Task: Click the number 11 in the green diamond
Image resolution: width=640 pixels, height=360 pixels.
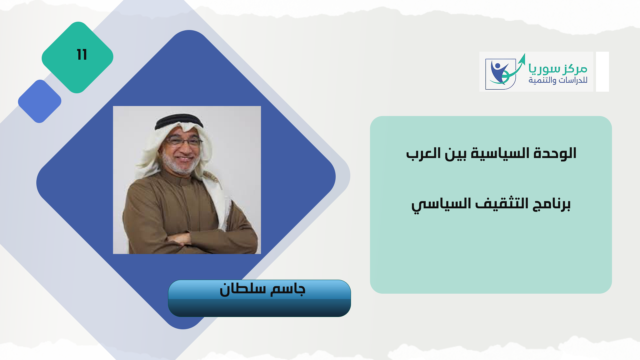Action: point(82,55)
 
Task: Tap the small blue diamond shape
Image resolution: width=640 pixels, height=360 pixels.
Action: point(40,101)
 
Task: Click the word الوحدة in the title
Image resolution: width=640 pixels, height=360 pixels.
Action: point(555,153)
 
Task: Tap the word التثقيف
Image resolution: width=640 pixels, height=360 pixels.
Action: point(502,203)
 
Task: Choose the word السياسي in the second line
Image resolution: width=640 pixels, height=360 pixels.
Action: point(441,204)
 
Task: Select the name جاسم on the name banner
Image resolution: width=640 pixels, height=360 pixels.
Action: point(288,289)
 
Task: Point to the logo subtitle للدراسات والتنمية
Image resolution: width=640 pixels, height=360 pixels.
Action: point(558,80)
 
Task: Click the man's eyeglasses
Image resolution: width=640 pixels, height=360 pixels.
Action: point(184,141)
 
